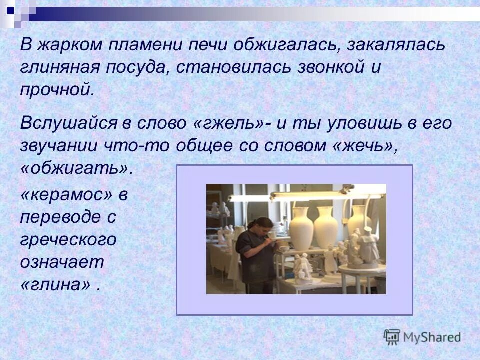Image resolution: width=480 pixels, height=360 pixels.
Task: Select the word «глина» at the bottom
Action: pyautogui.click(x=56, y=285)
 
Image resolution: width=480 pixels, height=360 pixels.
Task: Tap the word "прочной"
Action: pyautogui.click(x=56, y=91)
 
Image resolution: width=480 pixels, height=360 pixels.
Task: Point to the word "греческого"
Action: pyautogui.click(x=68, y=240)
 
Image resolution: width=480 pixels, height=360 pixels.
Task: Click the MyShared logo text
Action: pyautogui.click(x=432, y=337)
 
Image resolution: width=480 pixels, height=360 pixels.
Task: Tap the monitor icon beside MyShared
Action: pyautogui.click(x=392, y=337)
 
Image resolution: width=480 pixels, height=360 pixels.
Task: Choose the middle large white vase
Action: pyautogui.click(x=326, y=227)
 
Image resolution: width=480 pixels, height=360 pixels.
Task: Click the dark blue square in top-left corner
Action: pyautogui.click(x=10, y=8)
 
